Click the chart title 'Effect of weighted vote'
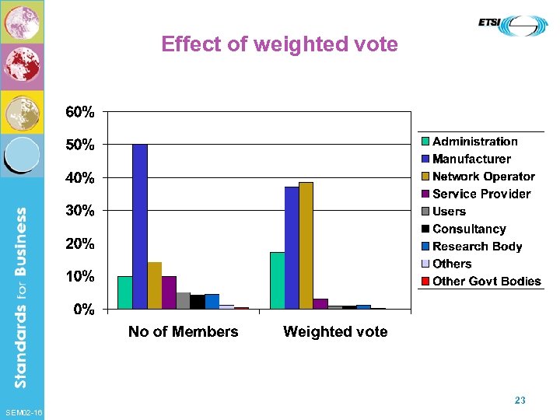pos(279,44)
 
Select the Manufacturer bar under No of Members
pos(140,226)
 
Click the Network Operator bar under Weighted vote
pos(306,245)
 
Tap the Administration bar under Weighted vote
pos(277,280)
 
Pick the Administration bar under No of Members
pos(124,292)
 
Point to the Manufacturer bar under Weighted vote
pos(292,247)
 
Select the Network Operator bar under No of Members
pos(154,285)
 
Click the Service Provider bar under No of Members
pos(169,292)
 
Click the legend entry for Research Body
pos(476,247)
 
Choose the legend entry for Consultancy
pos(468,229)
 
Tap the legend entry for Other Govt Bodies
pos(485,282)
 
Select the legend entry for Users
pos(448,212)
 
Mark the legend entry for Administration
pos(474,142)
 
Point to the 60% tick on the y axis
pos(80,112)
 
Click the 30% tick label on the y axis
pos(80,211)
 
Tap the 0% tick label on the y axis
pos(84,310)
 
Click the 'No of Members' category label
pos(183,332)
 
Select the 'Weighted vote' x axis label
pos(335,332)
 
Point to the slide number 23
pos(520,401)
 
